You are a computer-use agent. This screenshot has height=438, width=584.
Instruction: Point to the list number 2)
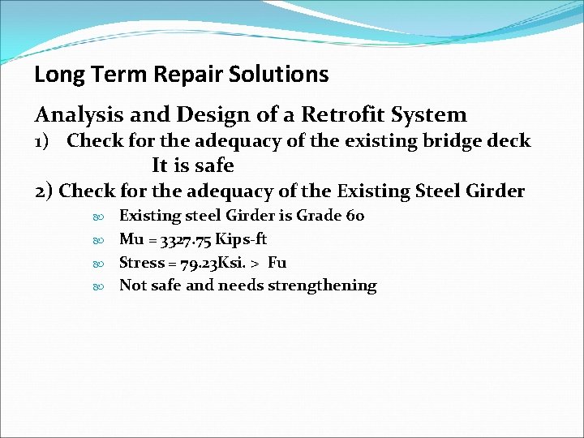pyautogui.click(x=45, y=191)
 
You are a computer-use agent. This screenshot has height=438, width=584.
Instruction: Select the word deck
pyautogui.click(x=508, y=141)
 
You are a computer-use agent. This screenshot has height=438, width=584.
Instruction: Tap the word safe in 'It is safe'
pyautogui.click(x=215, y=166)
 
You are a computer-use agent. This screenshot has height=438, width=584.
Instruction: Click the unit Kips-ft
pyautogui.click(x=239, y=239)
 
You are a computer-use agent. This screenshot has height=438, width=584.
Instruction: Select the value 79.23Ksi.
pyautogui.click(x=203, y=263)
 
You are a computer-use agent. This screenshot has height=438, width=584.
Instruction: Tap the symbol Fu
pyautogui.click(x=277, y=263)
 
